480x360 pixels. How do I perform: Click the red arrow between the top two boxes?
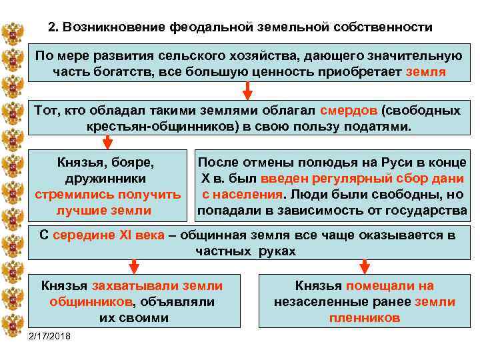point(247,89)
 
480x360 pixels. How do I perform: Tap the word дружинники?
point(107,179)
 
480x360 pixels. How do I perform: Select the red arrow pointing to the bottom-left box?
point(134,267)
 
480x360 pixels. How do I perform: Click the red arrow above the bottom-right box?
point(364,267)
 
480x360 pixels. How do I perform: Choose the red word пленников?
point(365,318)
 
